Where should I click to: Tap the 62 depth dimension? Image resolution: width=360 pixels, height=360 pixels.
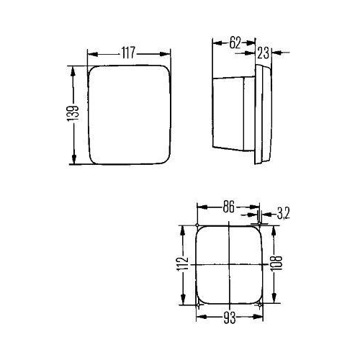coord(234,42)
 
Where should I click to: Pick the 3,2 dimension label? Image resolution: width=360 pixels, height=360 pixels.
coord(282,213)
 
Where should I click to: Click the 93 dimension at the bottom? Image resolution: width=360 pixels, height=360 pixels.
coord(228,316)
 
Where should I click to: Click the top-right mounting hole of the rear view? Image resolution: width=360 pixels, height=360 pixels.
coord(259,226)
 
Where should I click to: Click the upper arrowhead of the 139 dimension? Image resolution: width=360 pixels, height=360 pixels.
coord(72,69)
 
